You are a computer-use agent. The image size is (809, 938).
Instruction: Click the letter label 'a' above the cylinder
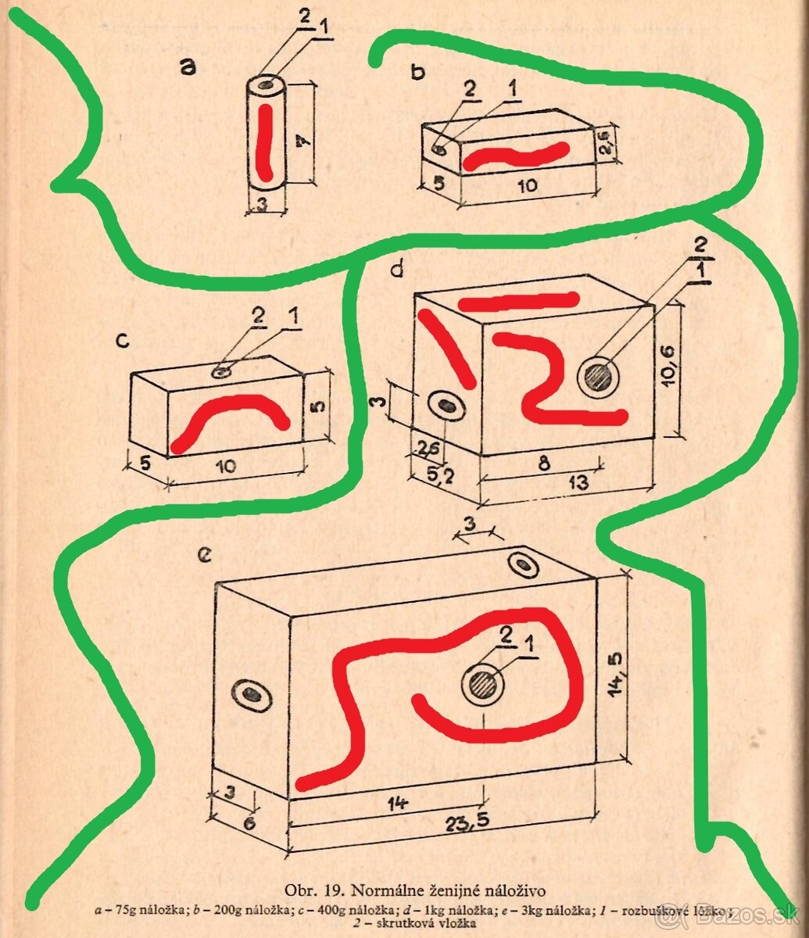(x=187, y=68)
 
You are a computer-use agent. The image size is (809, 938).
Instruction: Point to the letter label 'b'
(x=419, y=72)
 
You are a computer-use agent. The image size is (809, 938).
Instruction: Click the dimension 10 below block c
(x=225, y=467)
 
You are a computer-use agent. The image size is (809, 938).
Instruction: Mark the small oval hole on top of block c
(x=224, y=371)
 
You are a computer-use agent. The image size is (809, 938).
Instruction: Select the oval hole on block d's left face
(x=447, y=405)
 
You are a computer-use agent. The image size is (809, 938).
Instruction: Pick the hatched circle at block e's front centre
(x=482, y=686)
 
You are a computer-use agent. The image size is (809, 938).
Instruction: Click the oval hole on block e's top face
(x=523, y=564)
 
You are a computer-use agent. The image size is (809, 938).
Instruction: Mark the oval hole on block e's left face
(x=252, y=694)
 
